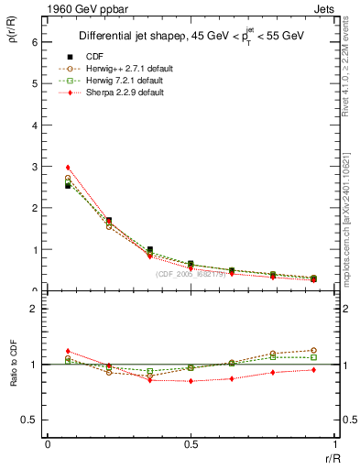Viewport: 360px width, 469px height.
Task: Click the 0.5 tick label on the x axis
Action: click(191, 444)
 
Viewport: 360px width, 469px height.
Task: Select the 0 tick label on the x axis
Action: click(48, 444)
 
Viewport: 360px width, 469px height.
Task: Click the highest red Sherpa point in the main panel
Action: click(68, 168)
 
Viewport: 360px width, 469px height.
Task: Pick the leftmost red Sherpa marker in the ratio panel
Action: click(68, 351)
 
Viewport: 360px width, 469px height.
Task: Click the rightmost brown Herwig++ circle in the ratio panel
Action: click(313, 350)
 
